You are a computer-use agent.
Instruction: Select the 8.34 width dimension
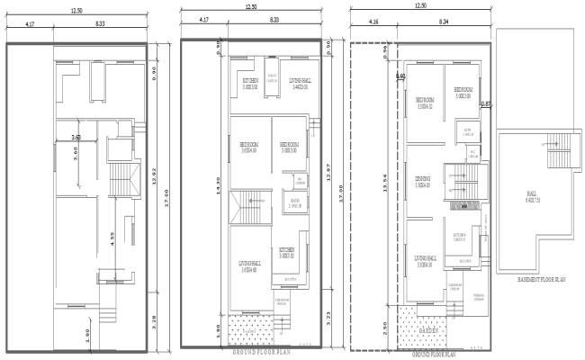tap(445, 18)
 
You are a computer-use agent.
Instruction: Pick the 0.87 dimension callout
tap(486, 104)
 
